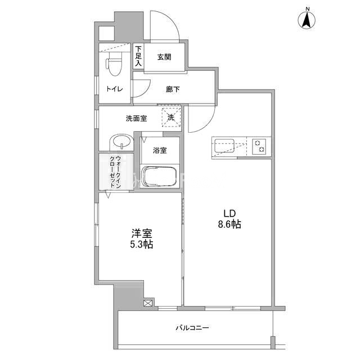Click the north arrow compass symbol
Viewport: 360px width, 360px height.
point(307,20)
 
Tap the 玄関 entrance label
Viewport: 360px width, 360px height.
point(164,57)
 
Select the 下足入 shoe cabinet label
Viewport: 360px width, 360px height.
point(138,56)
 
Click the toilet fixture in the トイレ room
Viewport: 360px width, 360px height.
point(114,64)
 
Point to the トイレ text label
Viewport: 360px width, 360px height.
point(115,89)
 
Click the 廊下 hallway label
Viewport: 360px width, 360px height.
point(173,89)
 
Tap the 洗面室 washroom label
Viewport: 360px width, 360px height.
point(136,119)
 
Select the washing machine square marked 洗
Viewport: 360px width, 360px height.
point(172,117)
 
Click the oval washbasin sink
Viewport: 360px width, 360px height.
point(121,142)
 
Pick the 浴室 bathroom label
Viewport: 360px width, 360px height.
point(160,150)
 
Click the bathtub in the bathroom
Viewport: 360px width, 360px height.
point(159,176)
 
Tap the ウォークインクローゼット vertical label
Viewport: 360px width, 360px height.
point(115,172)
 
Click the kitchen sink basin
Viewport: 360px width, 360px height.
point(224,146)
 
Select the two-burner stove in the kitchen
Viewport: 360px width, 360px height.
point(259,146)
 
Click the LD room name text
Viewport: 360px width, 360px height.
point(229,214)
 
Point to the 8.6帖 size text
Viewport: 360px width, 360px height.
point(229,224)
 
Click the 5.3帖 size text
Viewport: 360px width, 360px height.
point(142,244)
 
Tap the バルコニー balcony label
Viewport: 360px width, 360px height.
point(192,327)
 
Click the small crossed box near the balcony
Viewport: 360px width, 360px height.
point(148,303)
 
